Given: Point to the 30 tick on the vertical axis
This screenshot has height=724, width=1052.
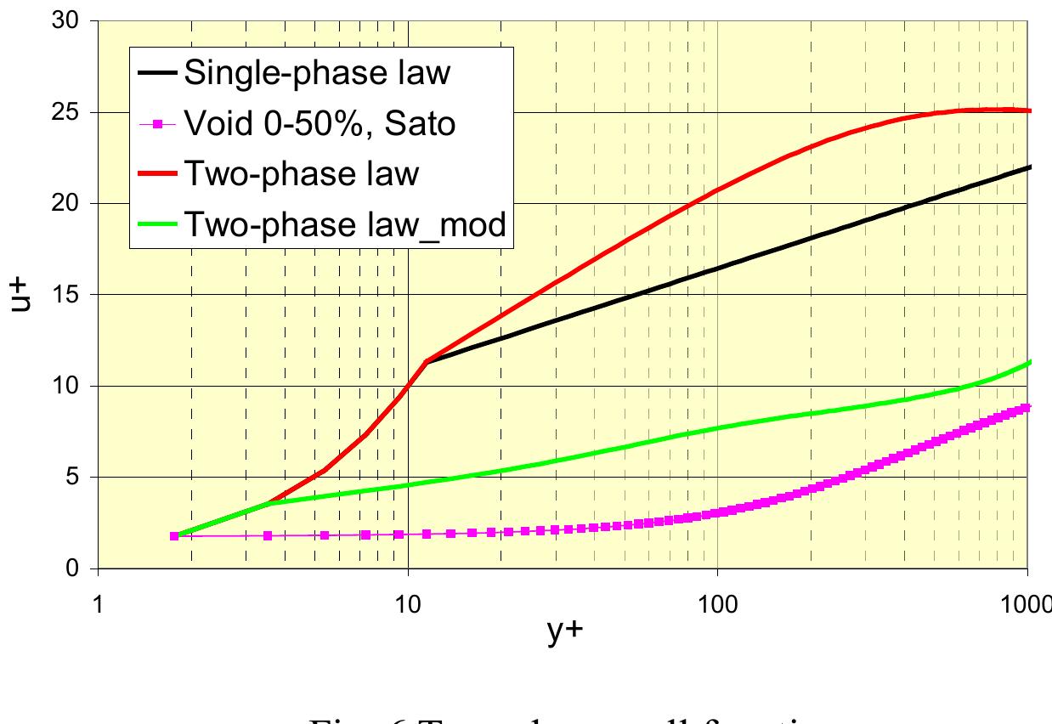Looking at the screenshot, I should (x=66, y=21).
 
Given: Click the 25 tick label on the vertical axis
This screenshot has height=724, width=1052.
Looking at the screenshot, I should (x=66, y=112).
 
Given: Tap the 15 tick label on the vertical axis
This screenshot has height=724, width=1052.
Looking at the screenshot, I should (x=66, y=295).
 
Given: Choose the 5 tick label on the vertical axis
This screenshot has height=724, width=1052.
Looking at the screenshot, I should (x=73, y=477).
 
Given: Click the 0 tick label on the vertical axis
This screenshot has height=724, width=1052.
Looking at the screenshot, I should (x=73, y=568).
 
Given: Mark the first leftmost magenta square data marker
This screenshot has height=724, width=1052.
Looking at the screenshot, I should (x=174, y=536).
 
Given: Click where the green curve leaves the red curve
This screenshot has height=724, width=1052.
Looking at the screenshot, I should (x=268, y=504).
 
